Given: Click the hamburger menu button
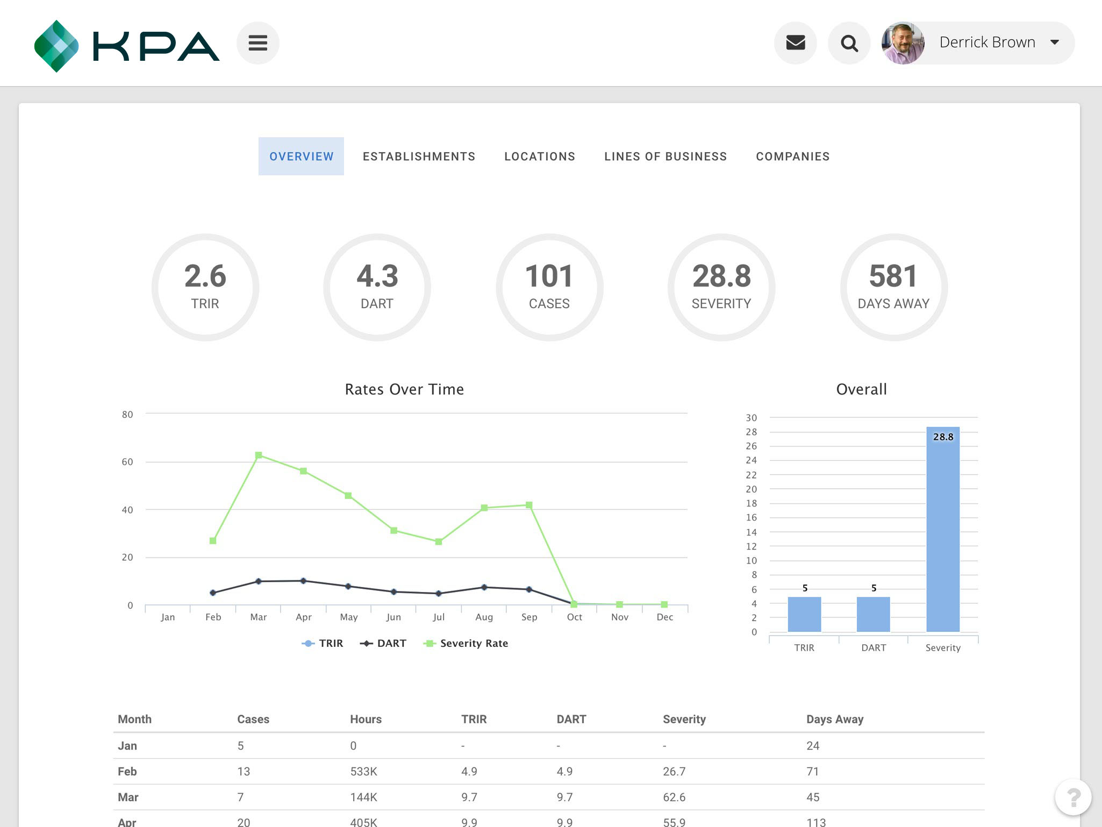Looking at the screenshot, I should (257, 43).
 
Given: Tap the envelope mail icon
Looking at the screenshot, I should (795, 43).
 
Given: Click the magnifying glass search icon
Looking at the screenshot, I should (849, 43).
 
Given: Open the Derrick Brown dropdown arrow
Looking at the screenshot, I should (1054, 42).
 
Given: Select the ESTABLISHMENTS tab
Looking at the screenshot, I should (419, 156).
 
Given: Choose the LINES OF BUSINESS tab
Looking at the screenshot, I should (665, 156).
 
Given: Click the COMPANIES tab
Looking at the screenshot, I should (792, 156).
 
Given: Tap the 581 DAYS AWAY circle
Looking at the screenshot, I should (893, 287).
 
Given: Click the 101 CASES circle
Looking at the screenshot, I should (549, 287).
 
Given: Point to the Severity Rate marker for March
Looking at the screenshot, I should (259, 455).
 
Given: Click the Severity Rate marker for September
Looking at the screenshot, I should (529, 505).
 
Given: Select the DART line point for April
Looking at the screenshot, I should (303, 581).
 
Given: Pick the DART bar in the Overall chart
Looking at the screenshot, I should (873, 614).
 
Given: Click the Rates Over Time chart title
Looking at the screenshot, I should (404, 389).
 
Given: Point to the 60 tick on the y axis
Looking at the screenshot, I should (127, 462).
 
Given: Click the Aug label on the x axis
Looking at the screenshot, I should (484, 617).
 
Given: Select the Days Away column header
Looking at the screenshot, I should (834, 719).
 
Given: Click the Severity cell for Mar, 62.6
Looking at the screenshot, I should (674, 797).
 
